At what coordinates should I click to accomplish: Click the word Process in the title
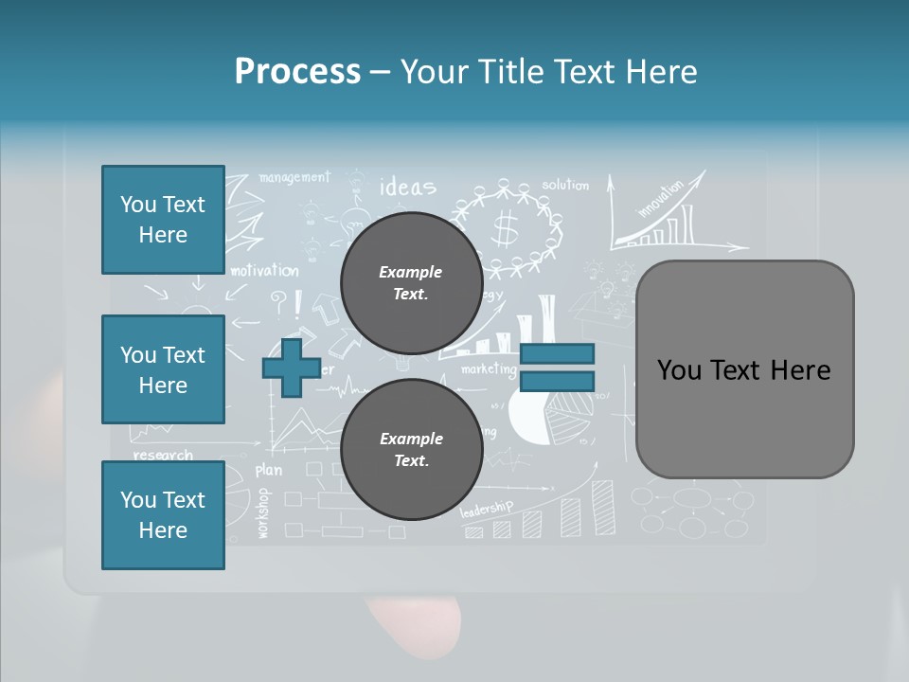[x=297, y=72]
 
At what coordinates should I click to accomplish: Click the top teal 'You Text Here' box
[x=163, y=220]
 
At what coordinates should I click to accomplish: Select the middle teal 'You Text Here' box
[x=163, y=369]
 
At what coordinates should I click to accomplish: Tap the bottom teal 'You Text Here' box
[x=163, y=515]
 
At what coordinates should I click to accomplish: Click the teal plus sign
[x=292, y=368]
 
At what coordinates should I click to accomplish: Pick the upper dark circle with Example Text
[x=411, y=283]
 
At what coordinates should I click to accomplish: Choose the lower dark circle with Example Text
[x=411, y=450]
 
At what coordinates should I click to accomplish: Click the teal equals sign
[x=557, y=368]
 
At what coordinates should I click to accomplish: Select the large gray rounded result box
[x=744, y=369]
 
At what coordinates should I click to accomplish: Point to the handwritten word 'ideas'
[x=407, y=187]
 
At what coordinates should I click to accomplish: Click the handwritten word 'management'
[x=294, y=177]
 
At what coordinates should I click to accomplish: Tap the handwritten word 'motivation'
[x=264, y=271]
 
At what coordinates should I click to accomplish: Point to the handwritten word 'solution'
[x=565, y=185]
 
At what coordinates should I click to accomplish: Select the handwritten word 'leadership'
[x=486, y=509]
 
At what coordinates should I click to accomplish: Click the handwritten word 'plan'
[x=269, y=470]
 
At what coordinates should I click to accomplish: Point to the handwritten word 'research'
[x=163, y=456]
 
